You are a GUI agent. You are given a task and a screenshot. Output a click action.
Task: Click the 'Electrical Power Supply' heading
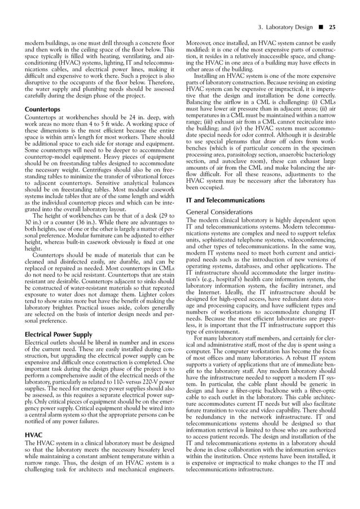tap(59, 335)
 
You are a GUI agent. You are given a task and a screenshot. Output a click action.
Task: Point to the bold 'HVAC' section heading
tap(34, 436)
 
